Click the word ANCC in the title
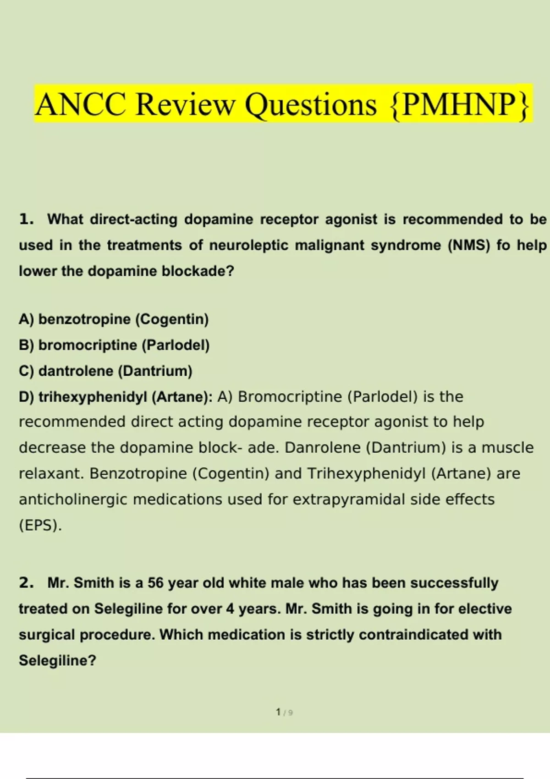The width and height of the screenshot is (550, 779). click(81, 104)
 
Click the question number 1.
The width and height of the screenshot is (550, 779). click(26, 219)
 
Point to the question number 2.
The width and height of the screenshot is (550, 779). click(26, 583)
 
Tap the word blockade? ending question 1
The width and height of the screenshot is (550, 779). click(198, 271)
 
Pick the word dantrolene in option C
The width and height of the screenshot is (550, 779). click(76, 371)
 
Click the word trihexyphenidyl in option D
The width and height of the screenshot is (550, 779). click(93, 397)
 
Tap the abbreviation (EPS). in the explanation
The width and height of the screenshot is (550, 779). click(40, 525)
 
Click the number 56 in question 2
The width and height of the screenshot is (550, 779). click(155, 583)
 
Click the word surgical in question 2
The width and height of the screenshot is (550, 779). click(47, 635)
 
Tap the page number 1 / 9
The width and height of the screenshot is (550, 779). click(284, 713)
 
